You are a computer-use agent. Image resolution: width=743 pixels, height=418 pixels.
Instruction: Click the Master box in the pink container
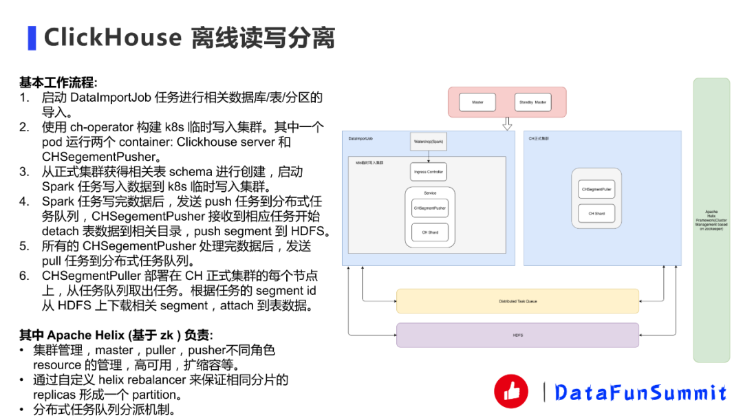(x=477, y=102)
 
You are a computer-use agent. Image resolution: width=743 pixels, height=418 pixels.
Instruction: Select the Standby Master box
(x=533, y=102)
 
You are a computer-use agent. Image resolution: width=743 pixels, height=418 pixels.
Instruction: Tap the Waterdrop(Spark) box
(x=429, y=142)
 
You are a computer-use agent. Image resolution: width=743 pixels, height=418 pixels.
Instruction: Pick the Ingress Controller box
(x=429, y=172)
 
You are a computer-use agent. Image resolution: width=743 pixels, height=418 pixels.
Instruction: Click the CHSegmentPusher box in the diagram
(x=430, y=208)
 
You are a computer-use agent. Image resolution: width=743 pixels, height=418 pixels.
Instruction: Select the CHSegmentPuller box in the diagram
(x=596, y=189)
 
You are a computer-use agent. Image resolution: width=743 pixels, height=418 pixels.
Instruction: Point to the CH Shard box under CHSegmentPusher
(x=430, y=232)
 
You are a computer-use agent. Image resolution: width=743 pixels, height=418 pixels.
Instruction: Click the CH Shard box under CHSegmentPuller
(x=596, y=214)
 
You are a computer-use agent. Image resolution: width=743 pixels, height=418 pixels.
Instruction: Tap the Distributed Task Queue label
(x=517, y=301)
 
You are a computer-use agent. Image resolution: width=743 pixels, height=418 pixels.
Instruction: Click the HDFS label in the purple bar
(x=517, y=335)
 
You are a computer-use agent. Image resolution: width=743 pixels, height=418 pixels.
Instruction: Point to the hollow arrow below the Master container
(x=508, y=124)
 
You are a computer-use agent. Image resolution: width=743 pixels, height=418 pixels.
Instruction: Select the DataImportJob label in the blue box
(x=360, y=139)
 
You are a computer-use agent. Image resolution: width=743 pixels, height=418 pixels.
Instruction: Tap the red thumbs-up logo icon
(x=511, y=391)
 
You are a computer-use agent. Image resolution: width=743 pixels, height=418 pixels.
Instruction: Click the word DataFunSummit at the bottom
(x=640, y=393)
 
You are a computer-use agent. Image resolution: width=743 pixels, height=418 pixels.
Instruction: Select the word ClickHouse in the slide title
(x=113, y=38)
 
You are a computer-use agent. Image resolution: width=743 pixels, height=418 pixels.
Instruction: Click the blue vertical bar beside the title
(x=32, y=38)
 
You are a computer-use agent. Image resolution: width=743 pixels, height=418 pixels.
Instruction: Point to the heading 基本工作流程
(x=58, y=82)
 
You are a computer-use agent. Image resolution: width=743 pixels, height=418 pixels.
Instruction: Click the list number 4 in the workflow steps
(x=24, y=201)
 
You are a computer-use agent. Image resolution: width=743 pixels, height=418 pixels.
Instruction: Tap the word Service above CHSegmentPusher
(x=430, y=193)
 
